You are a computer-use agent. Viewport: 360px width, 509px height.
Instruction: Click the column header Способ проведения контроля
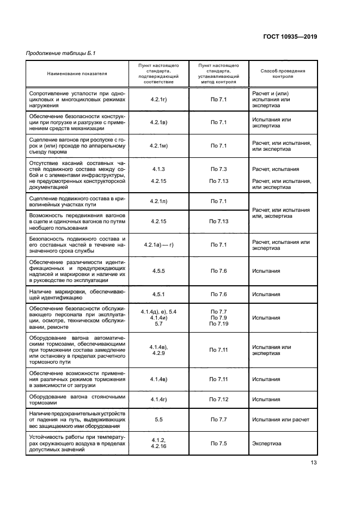[283, 73]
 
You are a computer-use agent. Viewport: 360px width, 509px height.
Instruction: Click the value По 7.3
[218, 169]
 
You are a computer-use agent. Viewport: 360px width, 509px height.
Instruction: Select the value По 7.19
[218, 324]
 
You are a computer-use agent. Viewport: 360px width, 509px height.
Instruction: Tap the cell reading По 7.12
[218, 399]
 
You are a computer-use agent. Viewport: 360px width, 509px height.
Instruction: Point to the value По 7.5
[218, 444]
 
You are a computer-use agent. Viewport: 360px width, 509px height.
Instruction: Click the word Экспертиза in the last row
[266, 444]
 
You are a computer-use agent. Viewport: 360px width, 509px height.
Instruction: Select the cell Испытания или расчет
[280, 420]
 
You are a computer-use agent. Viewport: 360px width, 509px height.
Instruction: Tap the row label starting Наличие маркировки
[77, 295]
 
